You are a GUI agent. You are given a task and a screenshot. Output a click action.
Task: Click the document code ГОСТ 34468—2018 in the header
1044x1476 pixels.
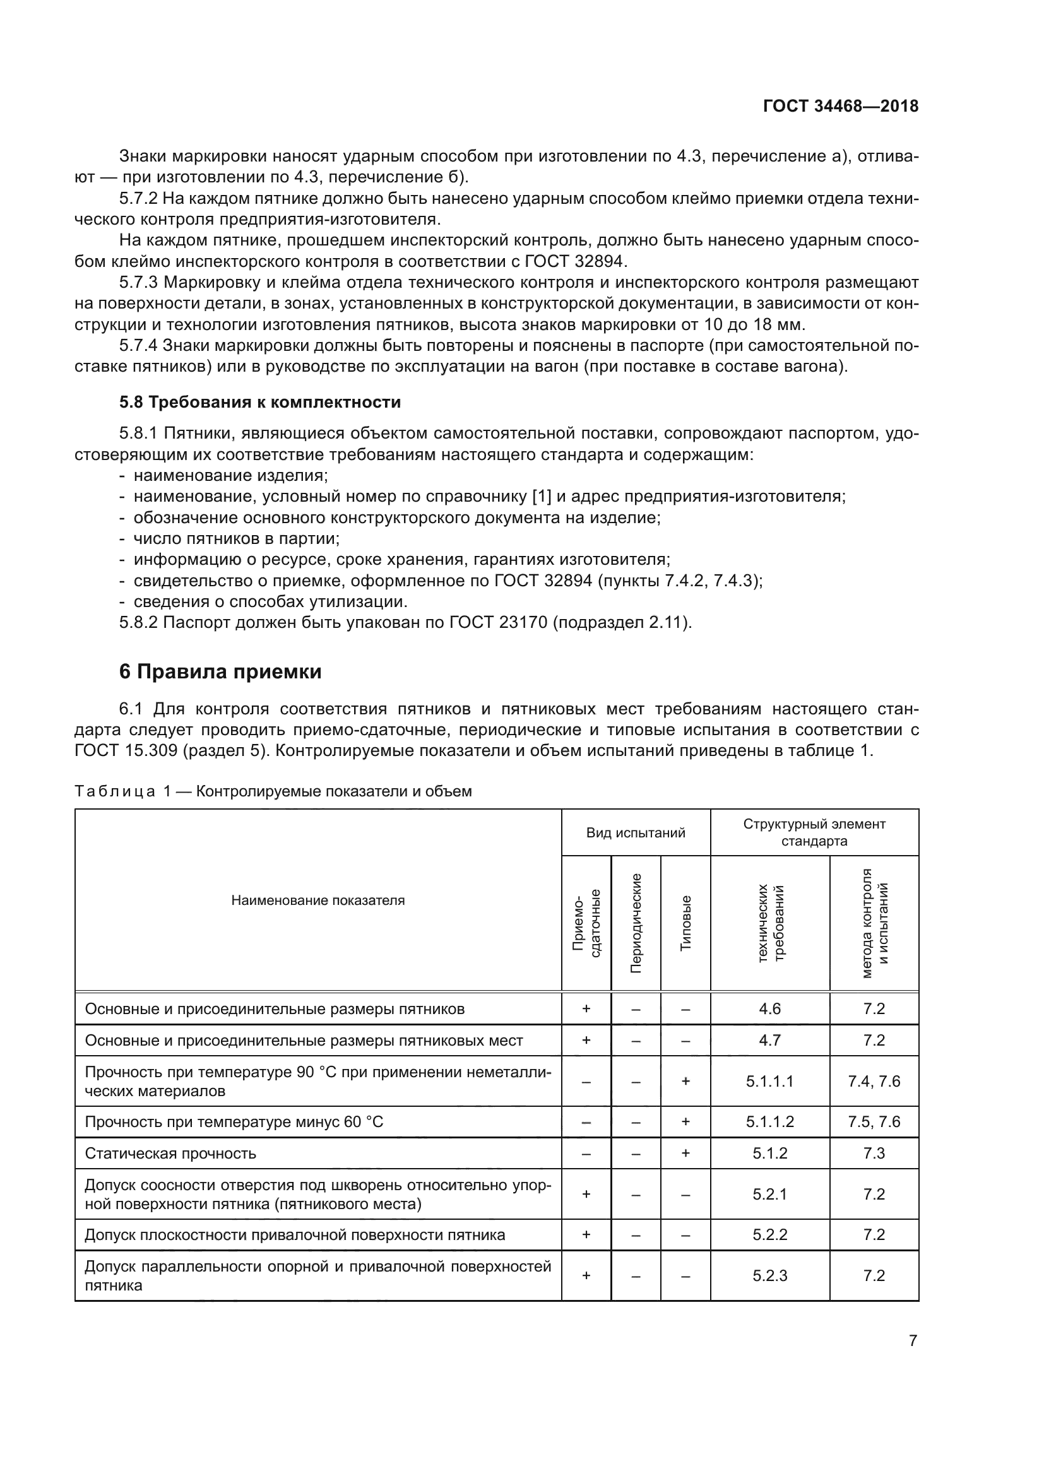840,106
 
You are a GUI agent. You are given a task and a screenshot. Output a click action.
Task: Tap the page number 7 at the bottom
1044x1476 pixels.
912,1340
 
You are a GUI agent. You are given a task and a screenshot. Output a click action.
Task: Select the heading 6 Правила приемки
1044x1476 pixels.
220,672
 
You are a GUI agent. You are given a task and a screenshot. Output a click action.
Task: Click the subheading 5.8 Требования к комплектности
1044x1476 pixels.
259,402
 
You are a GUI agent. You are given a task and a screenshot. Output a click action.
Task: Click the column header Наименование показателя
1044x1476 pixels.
317,900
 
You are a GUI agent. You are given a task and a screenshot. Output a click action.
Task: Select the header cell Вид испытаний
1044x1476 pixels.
635,832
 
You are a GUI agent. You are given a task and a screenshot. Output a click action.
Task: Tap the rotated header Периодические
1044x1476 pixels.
636,923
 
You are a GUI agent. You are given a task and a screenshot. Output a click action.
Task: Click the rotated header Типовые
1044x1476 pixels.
685,923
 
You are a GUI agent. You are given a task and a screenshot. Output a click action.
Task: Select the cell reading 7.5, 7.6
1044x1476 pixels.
874,1122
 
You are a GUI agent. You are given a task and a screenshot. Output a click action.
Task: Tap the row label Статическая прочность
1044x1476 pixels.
170,1154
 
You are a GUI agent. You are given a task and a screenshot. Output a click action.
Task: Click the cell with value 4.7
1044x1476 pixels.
769,1040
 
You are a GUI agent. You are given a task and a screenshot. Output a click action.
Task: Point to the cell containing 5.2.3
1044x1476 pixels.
769,1275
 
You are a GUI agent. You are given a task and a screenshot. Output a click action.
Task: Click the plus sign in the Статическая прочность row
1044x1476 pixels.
685,1154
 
